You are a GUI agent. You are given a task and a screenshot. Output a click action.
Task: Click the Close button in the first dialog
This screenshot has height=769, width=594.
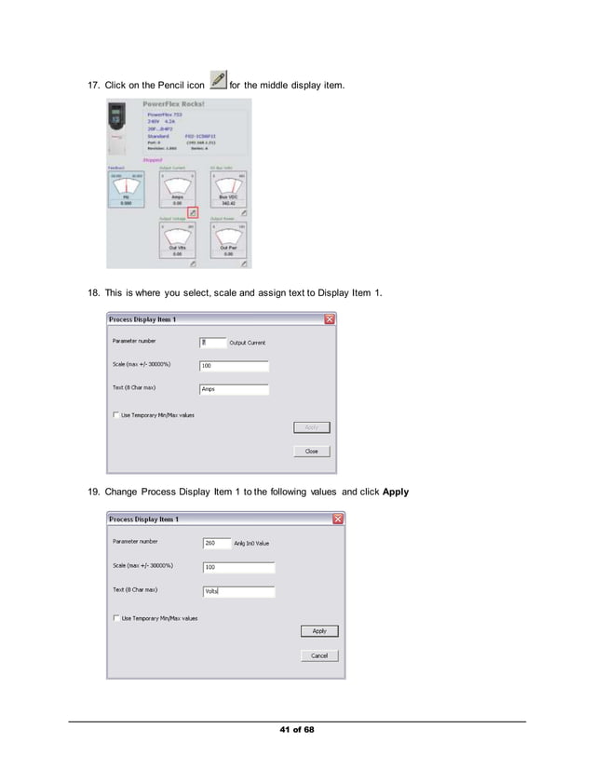pos(311,451)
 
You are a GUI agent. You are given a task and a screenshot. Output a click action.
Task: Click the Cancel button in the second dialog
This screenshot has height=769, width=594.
pos(319,655)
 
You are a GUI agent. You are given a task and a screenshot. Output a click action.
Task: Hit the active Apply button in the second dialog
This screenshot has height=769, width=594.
pos(319,630)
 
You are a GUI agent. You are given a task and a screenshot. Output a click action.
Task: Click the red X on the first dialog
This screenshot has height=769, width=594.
pos(330,319)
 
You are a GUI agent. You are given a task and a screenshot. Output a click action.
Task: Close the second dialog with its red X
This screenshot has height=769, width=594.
pos(338,519)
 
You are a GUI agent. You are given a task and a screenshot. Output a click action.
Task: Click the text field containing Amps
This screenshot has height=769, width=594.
pos(234,389)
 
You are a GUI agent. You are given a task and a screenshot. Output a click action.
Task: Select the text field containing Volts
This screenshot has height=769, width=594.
pos(238,591)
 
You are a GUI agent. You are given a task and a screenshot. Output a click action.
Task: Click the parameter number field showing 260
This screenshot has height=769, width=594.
pos(216,543)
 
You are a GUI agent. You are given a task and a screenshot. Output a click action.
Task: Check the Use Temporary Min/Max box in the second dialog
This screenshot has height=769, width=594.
pos(115,617)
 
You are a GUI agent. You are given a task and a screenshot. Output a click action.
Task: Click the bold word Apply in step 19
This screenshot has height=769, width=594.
pos(395,490)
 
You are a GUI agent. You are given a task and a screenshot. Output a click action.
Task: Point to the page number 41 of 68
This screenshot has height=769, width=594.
pos(297,729)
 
